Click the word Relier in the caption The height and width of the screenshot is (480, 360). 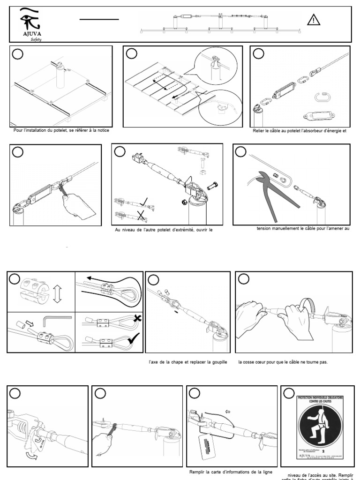pyautogui.click(x=259, y=131)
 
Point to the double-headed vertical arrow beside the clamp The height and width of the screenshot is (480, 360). pyautogui.click(x=57, y=295)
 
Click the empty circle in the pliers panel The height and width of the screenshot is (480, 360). pyautogui.click(x=241, y=152)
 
